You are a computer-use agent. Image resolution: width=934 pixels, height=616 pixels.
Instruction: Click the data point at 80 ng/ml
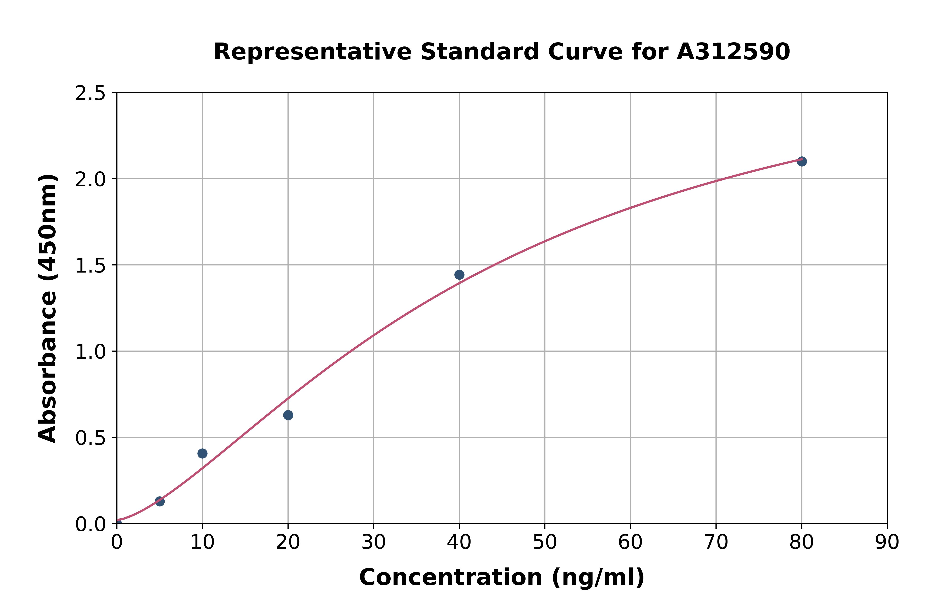click(802, 161)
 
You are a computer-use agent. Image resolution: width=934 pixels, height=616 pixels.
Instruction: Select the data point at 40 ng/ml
click(459, 275)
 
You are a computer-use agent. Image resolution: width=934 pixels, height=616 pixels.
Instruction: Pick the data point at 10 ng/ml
click(202, 453)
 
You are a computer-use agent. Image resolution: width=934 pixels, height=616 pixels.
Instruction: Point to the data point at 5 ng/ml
click(160, 501)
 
